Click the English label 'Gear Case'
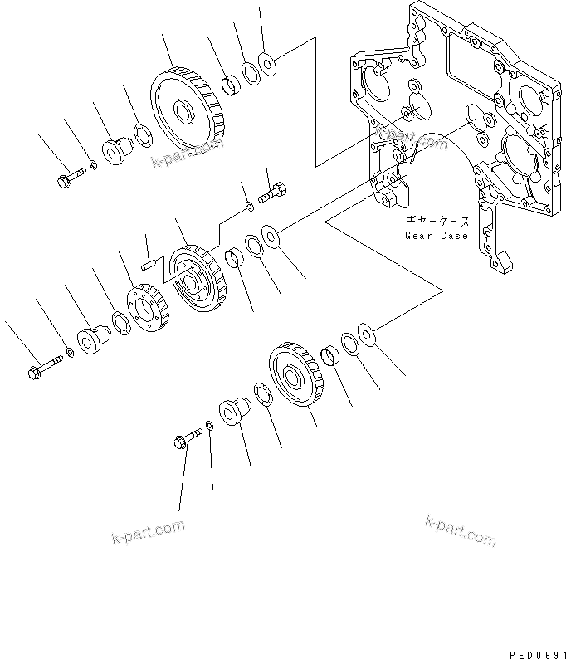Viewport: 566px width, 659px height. [x=436, y=235]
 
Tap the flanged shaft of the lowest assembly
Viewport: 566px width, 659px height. [x=232, y=410]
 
